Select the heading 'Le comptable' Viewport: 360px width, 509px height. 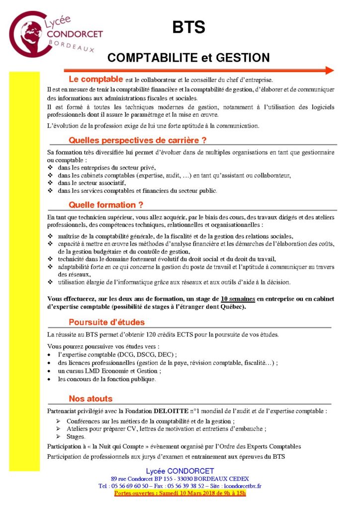click(x=95, y=80)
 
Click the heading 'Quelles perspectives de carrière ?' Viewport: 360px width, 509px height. click(x=137, y=140)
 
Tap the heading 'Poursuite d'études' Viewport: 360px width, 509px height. click(x=106, y=321)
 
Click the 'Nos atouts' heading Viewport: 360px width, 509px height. click(x=90, y=399)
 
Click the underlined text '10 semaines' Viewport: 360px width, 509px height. click(x=238, y=299)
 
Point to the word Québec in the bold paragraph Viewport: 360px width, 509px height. click(x=231, y=307)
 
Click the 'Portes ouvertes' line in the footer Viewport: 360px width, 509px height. click(x=180, y=493)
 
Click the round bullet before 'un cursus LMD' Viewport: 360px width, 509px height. click(x=49, y=371)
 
